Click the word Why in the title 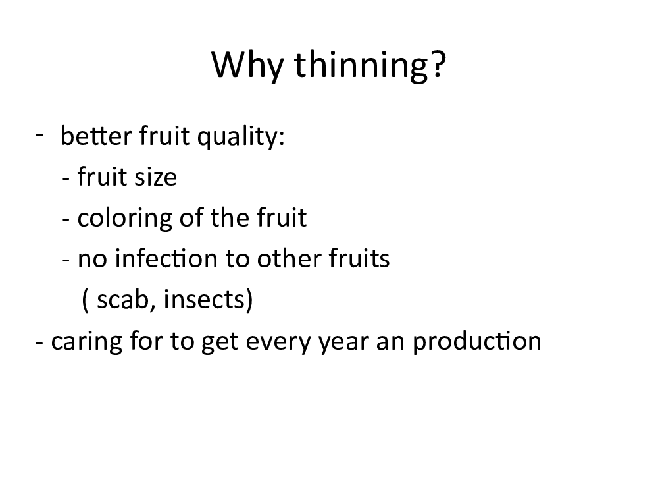tap(247, 65)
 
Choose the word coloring tap(124, 219)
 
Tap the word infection tap(167, 258)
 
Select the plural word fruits tap(359, 258)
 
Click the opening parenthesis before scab tap(85, 300)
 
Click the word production tap(477, 341)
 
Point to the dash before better tap(39, 135)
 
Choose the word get tap(220, 343)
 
